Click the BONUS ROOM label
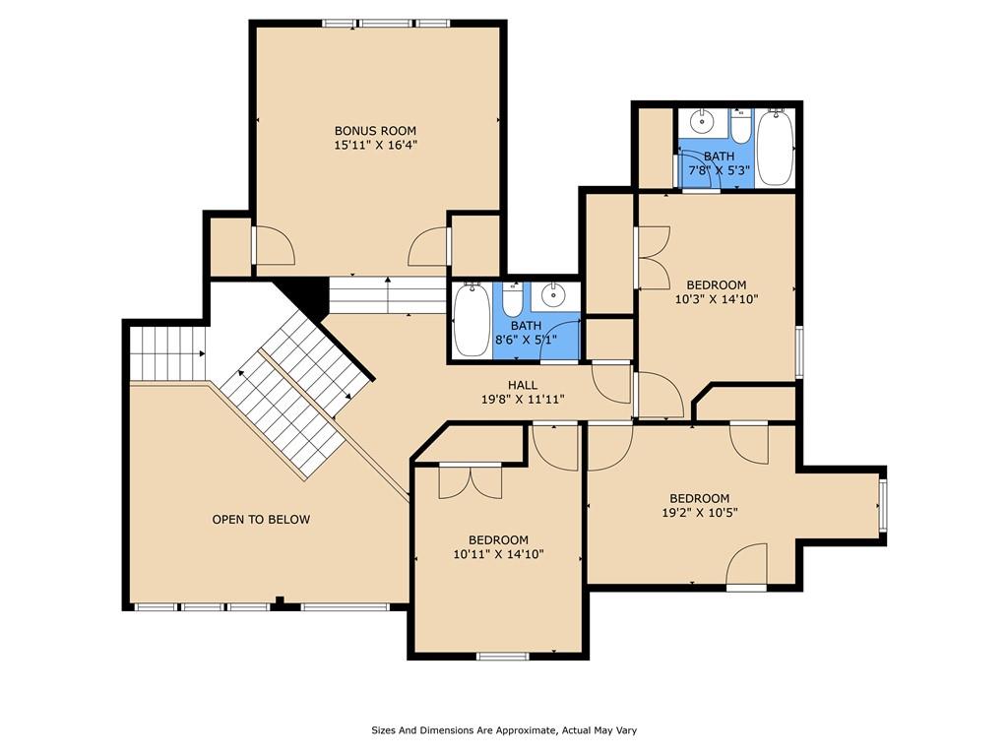coord(375,130)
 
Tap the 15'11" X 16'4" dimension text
coord(375,146)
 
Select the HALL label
coord(522,385)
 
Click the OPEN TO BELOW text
coord(261,519)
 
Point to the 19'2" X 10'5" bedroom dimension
coord(699,513)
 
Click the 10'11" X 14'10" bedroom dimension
coord(498,554)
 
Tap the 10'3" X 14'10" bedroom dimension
coord(716,300)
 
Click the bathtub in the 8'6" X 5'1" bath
coord(471,318)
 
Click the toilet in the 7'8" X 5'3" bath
coord(740,124)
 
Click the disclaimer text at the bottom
coord(504,730)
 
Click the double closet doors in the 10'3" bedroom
coord(653,258)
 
